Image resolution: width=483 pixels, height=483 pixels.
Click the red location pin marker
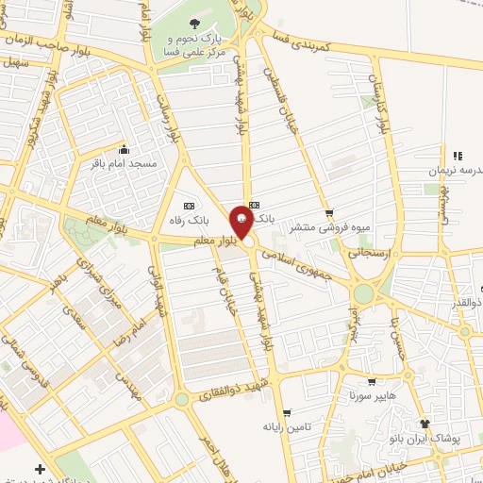[243, 220]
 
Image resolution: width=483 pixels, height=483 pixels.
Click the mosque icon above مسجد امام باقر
[125, 148]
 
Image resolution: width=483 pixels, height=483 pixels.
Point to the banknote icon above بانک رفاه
[189, 206]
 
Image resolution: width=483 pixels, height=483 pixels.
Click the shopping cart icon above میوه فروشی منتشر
[328, 213]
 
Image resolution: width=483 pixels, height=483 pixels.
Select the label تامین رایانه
[285, 427]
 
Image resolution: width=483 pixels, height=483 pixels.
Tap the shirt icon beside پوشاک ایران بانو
[425, 425]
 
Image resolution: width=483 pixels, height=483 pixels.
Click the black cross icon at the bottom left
[40, 469]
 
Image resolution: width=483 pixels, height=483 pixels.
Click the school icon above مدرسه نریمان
[458, 156]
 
